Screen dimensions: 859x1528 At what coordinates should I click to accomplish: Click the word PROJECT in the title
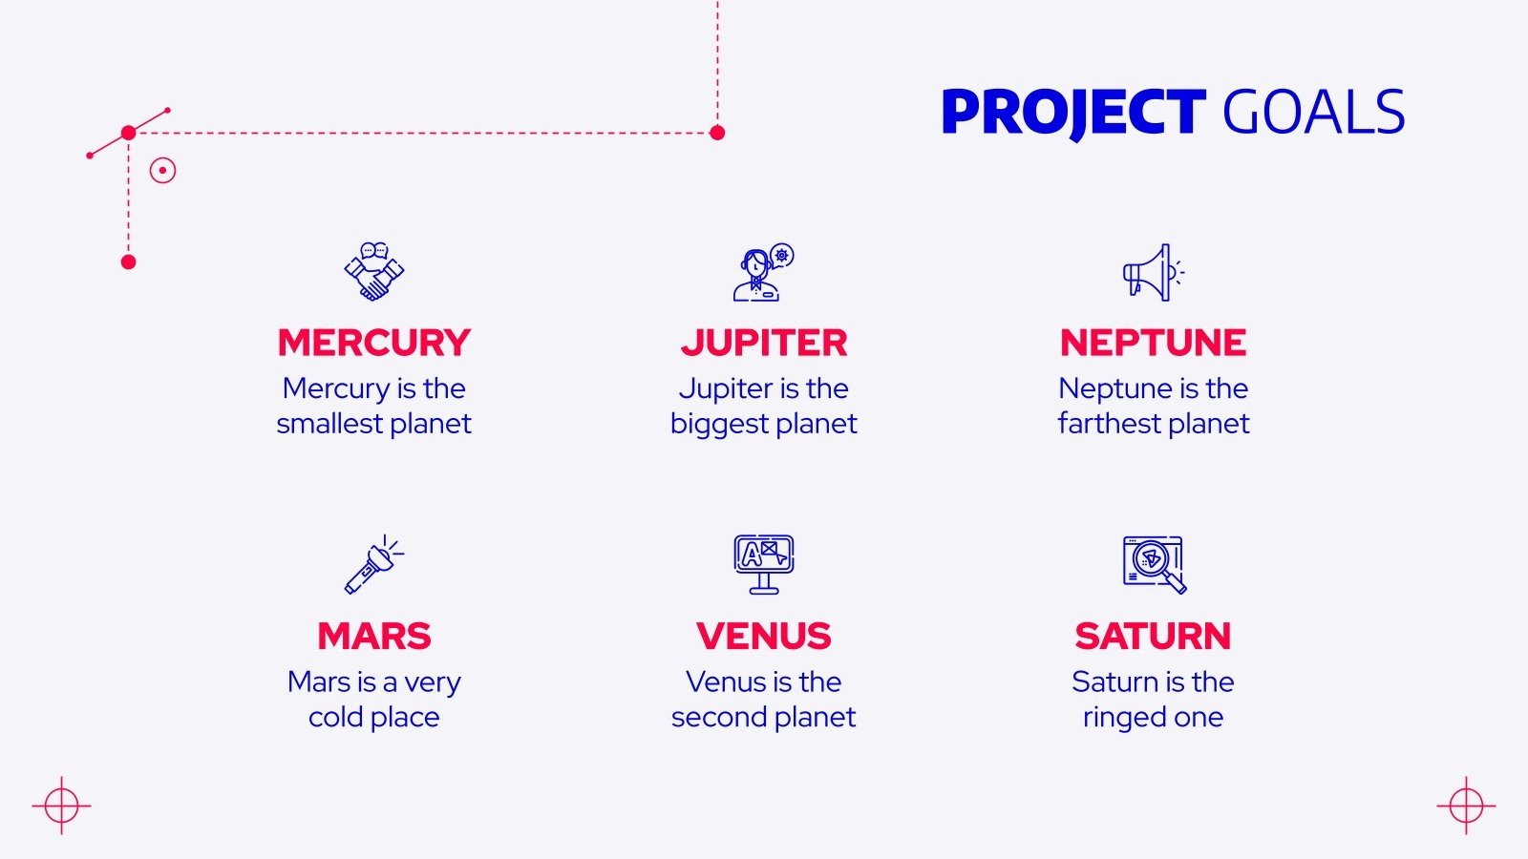click(x=1072, y=113)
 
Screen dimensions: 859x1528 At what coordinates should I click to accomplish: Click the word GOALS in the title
click(x=1313, y=113)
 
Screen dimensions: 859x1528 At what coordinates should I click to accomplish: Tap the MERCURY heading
click(x=374, y=343)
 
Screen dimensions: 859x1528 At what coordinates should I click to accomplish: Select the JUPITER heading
click(x=764, y=343)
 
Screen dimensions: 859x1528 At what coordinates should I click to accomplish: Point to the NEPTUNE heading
click(x=1153, y=343)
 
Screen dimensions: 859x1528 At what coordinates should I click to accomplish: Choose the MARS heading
click(x=374, y=636)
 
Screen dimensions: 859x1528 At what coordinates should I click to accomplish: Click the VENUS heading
click(x=764, y=636)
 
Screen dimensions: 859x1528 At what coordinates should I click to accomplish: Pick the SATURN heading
click(x=1153, y=636)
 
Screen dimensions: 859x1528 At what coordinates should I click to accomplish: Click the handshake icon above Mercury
click(x=374, y=272)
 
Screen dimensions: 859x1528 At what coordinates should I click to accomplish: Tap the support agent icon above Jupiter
click(x=763, y=272)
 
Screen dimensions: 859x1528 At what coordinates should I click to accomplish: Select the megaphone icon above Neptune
click(x=1153, y=272)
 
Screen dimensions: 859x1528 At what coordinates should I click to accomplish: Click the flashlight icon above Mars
click(x=373, y=564)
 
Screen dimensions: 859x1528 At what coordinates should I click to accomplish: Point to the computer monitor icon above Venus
click(x=764, y=564)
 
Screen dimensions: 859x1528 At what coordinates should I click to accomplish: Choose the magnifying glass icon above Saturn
click(x=1154, y=564)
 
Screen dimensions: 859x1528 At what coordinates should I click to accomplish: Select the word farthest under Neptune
click(x=1109, y=423)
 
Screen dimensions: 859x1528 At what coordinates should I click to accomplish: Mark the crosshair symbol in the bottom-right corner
click(x=1466, y=806)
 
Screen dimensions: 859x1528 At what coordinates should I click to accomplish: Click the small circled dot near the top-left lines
click(x=162, y=171)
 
